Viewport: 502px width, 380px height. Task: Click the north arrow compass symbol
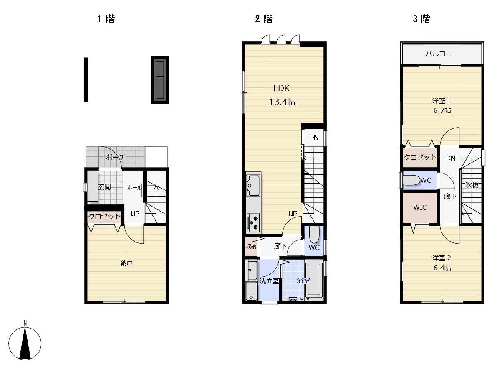point(25,343)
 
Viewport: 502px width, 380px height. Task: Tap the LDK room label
point(281,88)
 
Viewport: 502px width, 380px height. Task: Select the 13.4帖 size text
point(282,102)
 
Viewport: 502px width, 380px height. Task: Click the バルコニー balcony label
point(441,54)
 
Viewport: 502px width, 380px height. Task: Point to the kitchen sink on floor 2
point(253,185)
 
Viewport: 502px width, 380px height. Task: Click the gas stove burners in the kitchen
point(253,222)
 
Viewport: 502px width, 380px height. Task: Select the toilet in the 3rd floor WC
point(411,180)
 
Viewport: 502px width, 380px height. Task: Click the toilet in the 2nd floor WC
point(314,234)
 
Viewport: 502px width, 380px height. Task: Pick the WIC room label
point(420,207)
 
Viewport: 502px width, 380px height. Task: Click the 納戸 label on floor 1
point(126,263)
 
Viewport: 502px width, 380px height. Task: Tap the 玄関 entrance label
point(104,187)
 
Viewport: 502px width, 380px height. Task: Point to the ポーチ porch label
point(116,157)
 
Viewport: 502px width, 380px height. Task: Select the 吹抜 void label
point(472,185)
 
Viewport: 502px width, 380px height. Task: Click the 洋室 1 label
point(441,101)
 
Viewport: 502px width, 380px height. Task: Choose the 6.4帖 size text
point(442,268)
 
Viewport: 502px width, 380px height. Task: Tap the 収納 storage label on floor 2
point(251,246)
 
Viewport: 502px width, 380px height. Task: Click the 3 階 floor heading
point(421,18)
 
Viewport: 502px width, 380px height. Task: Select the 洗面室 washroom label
point(269,281)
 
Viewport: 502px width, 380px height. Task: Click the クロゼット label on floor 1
point(104,217)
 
